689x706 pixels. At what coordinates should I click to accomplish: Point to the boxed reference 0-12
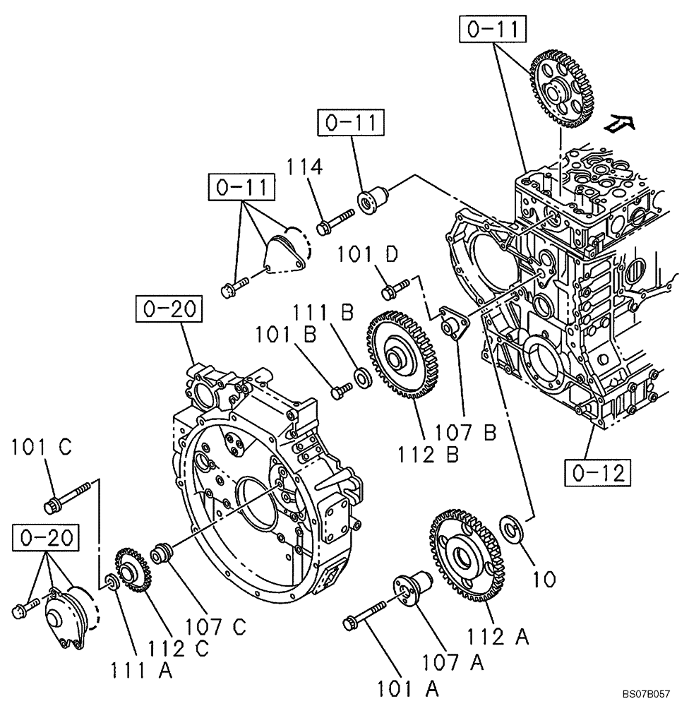(x=596, y=472)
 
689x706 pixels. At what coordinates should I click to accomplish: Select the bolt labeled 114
(x=335, y=220)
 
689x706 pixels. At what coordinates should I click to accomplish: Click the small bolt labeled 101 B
(x=342, y=387)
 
